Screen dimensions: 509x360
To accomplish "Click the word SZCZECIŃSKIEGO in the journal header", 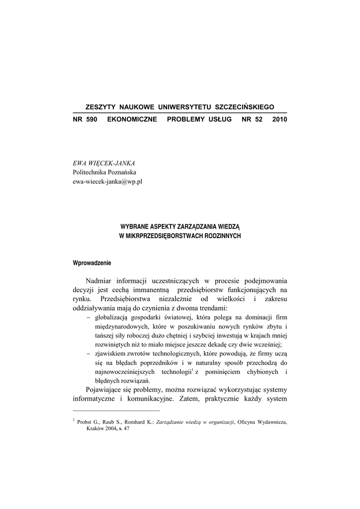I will [x=244, y=107].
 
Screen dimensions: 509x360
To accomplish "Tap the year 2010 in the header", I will [x=279, y=120].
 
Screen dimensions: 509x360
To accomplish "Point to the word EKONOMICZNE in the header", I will [x=132, y=120].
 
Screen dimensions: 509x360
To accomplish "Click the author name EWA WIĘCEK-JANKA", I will [x=104, y=163].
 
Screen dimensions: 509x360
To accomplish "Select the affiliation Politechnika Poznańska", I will [x=101, y=172].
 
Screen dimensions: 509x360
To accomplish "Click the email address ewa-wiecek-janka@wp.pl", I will [x=107, y=181].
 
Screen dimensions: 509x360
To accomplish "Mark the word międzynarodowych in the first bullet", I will [x=119, y=327].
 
